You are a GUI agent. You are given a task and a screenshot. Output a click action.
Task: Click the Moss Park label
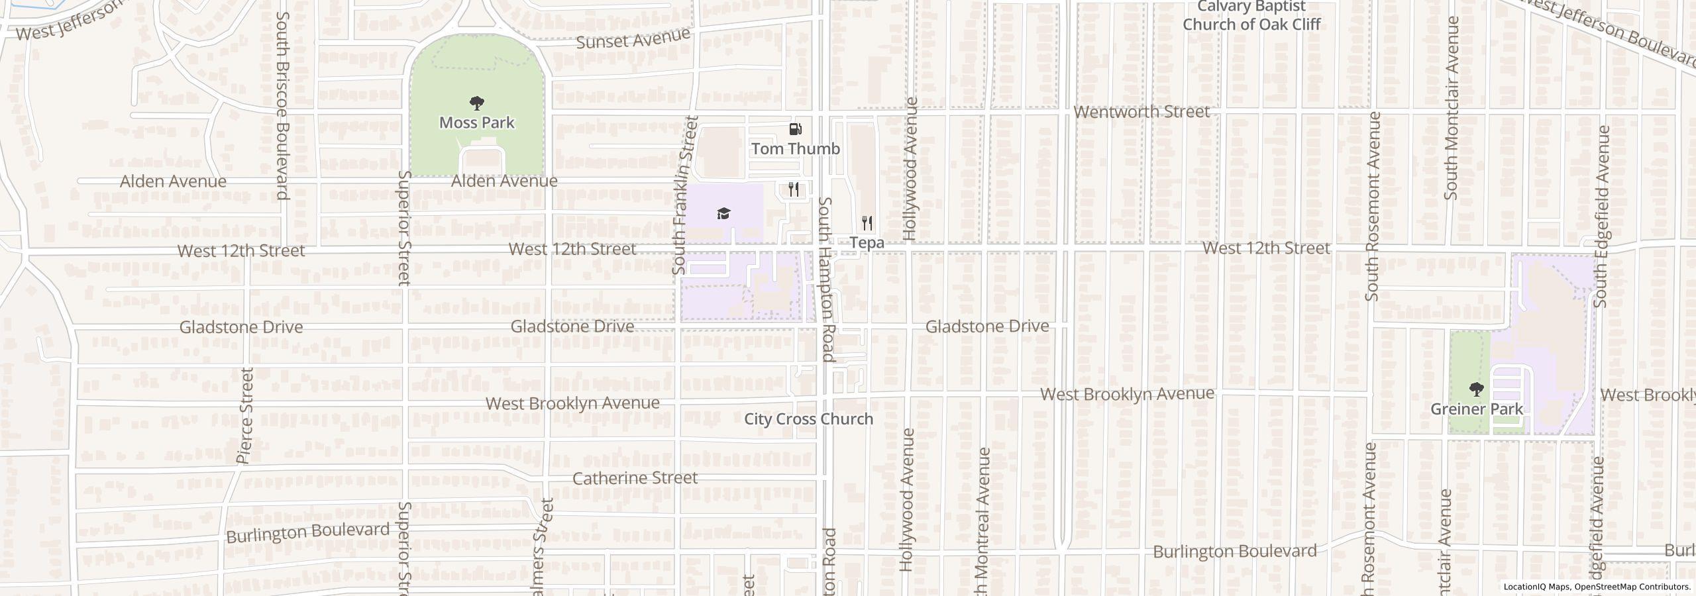(476, 123)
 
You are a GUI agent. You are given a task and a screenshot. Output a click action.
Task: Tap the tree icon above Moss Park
(476, 103)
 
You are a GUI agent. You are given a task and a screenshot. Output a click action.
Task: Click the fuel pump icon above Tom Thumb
(795, 129)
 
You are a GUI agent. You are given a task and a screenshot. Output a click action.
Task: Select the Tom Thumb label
(795, 148)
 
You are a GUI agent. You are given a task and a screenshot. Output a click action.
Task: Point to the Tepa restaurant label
(867, 243)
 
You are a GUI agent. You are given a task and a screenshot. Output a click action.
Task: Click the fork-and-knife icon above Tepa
(867, 223)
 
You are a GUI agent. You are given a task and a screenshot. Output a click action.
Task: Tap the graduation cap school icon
(723, 213)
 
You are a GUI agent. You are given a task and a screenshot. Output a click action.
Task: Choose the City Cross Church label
(808, 419)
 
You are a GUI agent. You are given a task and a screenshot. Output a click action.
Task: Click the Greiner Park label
(1477, 409)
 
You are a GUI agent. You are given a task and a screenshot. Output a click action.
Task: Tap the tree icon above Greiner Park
(1476, 389)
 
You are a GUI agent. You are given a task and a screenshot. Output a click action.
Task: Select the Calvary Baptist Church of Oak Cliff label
(1251, 16)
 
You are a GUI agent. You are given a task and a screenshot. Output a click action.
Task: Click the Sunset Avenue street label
(633, 38)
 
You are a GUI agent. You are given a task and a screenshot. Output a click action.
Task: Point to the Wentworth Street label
(1141, 112)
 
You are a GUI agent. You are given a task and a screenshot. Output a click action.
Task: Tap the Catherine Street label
(635, 478)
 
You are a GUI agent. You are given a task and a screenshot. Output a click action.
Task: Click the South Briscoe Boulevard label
(283, 105)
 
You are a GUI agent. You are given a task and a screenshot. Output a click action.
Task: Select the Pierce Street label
(245, 415)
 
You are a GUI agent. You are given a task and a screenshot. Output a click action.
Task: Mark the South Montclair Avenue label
(1452, 108)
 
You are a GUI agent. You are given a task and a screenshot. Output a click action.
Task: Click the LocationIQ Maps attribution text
(1597, 587)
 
